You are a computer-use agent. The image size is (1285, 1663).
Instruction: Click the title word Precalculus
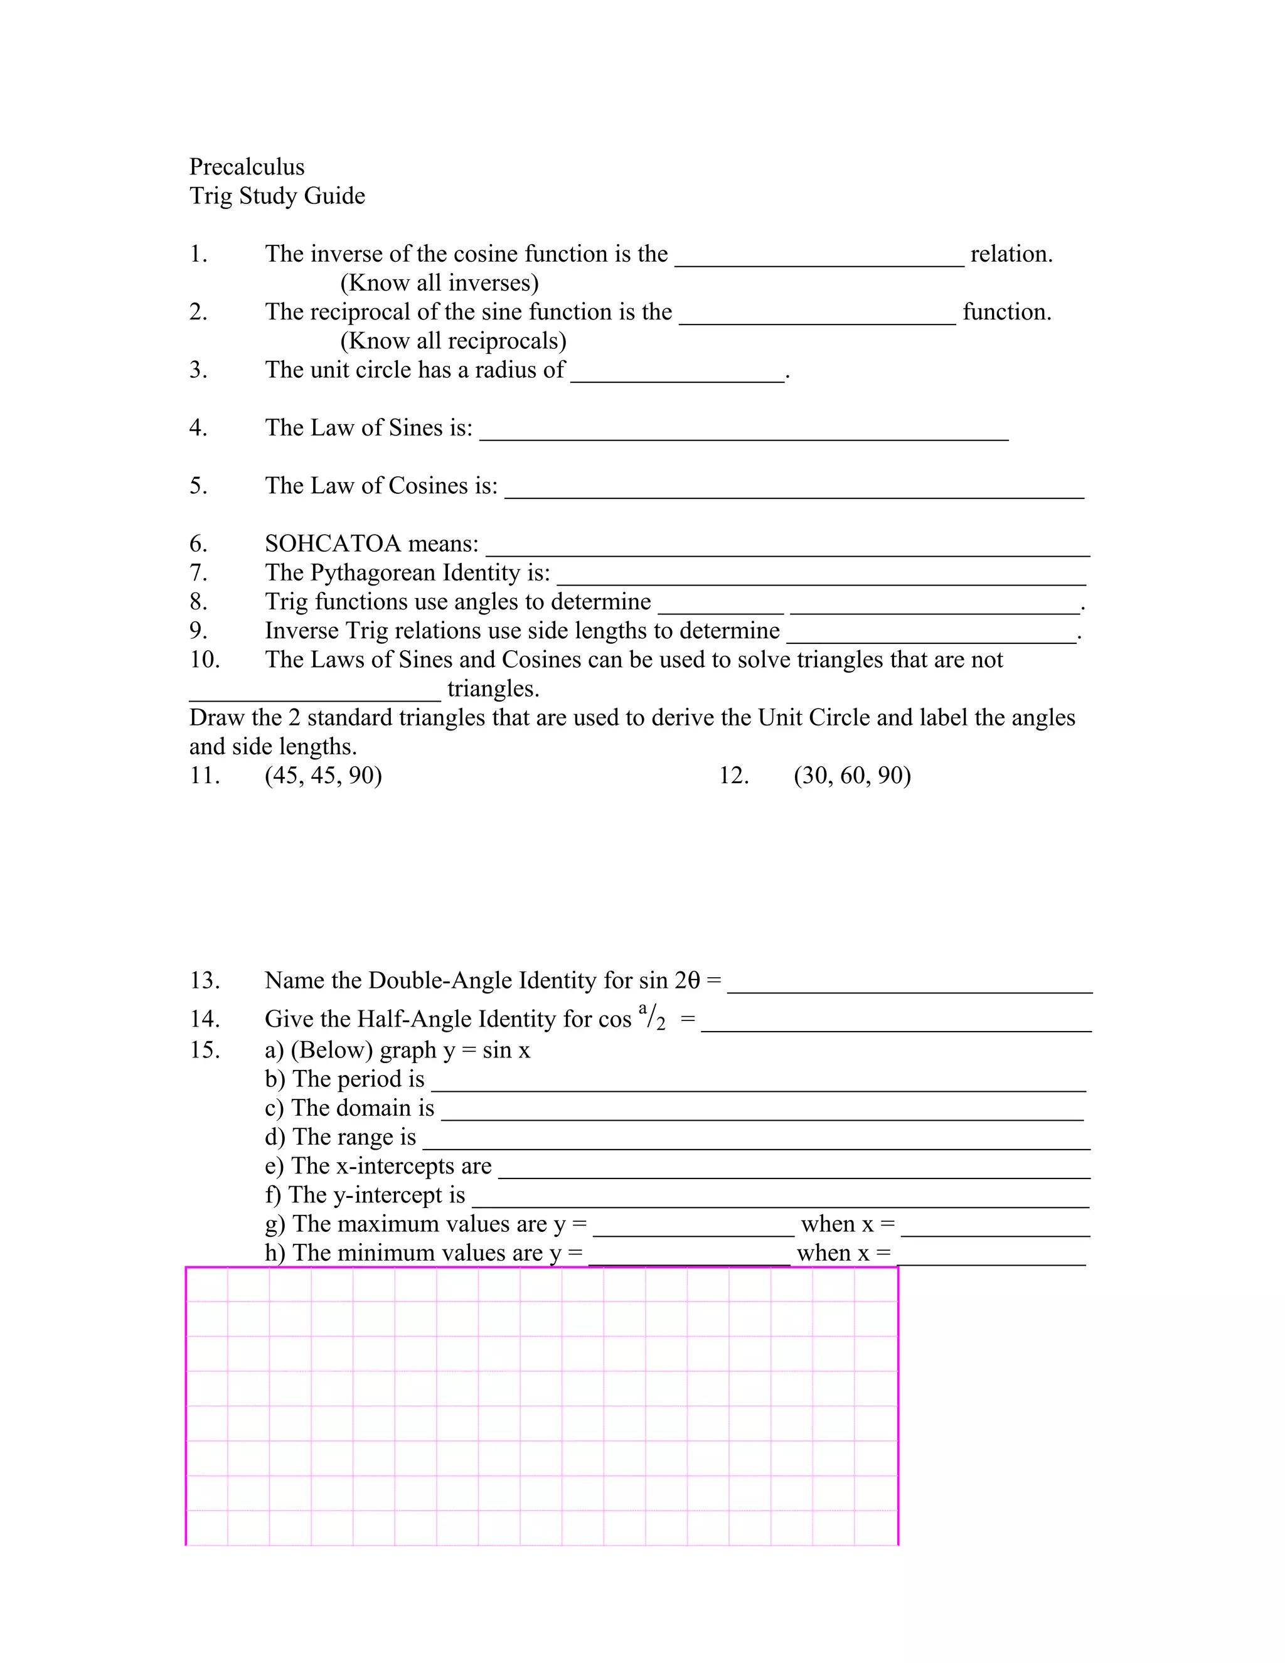click(x=247, y=167)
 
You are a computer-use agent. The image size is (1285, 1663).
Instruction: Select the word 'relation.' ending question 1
click(x=1011, y=254)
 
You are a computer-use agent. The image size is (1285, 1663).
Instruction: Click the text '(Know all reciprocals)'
click(x=453, y=340)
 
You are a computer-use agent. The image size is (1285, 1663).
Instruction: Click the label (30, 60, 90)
click(x=852, y=775)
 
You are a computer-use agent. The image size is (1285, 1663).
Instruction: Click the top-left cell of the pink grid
click(x=207, y=1286)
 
